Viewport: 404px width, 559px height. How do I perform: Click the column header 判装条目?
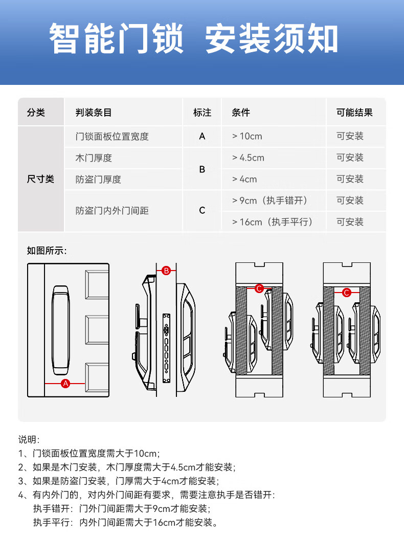pyautogui.click(x=93, y=113)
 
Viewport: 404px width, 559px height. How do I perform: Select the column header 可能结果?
pyautogui.click(x=354, y=113)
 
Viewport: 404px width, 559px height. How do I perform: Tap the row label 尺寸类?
pyautogui.click(x=40, y=180)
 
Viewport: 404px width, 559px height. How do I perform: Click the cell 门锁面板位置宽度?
pyautogui.click(x=112, y=137)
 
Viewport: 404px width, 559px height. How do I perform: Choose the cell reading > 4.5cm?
pyautogui.click(x=248, y=158)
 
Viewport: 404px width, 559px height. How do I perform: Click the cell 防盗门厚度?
pyautogui.click(x=98, y=180)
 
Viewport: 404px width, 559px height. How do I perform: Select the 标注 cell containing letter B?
pyautogui.click(x=202, y=169)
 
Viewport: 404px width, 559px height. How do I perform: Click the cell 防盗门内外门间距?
pyautogui.click(x=112, y=211)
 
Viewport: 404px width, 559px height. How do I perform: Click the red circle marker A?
pyautogui.click(x=65, y=383)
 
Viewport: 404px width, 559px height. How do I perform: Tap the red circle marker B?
pyautogui.click(x=166, y=271)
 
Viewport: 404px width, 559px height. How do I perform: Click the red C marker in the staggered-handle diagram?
pyautogui.click(x=259, y=289)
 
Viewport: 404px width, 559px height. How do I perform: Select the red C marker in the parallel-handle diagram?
pyautogui.click(x=347, y=293)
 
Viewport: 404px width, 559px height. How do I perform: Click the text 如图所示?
pyautogui.click(x=47, y=251)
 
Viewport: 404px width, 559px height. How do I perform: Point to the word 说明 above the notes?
pyautogui.click(x=29, y=440)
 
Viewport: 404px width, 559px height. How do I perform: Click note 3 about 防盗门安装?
pyautogui.click(x=118, y=481)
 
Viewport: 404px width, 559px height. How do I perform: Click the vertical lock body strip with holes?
pyautogui.click(x=166, y=347)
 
